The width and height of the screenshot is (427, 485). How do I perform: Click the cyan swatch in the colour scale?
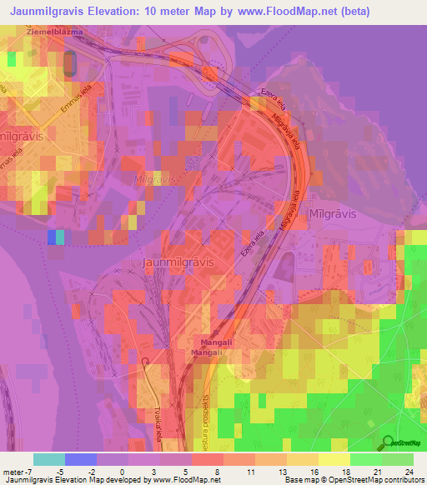pos(49,459)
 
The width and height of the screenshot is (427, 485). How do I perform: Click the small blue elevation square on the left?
pos(53,237)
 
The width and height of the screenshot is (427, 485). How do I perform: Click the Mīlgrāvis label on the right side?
pos(333,212)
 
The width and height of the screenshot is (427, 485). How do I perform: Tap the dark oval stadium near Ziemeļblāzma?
pos(69,61)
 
